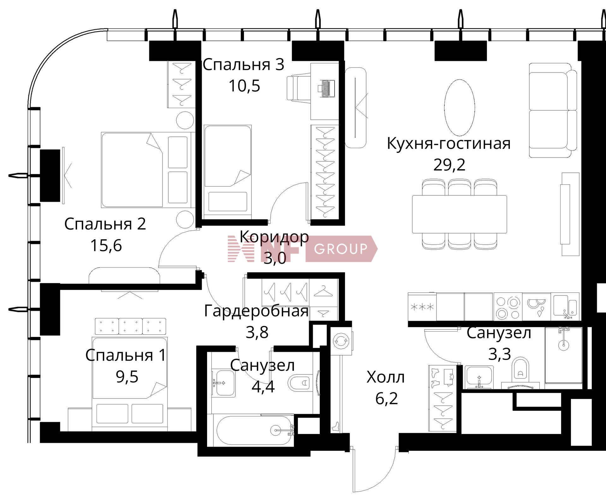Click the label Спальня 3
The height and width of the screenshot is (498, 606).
tap(243, 65)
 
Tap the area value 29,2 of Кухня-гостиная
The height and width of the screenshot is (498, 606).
tap(449, 165)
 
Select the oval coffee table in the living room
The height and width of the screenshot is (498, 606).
tap(459, 107)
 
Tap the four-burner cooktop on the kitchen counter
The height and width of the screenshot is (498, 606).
tap(508, 307)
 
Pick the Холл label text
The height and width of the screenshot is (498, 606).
tap(386, 377)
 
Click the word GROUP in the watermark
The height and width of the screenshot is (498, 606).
tap(341, 249)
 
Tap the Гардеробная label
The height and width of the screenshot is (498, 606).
tap(256, 311)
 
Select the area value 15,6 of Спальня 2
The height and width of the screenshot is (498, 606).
tap(106, 245)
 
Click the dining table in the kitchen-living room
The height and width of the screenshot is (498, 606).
tap(459, 214)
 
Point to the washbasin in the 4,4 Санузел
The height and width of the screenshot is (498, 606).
tap(223, 382)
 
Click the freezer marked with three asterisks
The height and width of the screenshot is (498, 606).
tap(422, 307)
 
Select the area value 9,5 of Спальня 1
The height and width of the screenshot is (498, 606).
tap(127, 376)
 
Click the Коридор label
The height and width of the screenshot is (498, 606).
tap(274, 236)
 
